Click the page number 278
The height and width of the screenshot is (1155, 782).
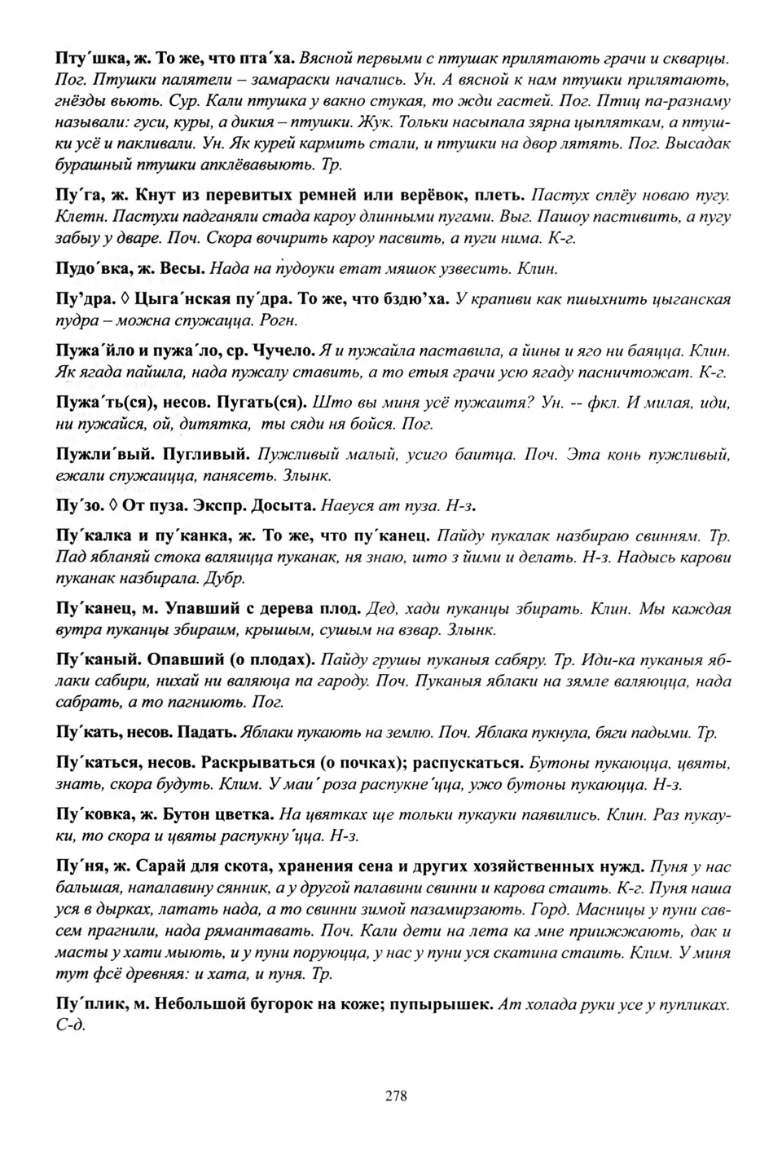(395, 1095)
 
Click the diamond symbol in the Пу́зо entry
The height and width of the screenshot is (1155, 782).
(114, 506)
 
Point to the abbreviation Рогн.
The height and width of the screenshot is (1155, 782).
(279, 320)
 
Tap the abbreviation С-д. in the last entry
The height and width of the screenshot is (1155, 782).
(70, 1025)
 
